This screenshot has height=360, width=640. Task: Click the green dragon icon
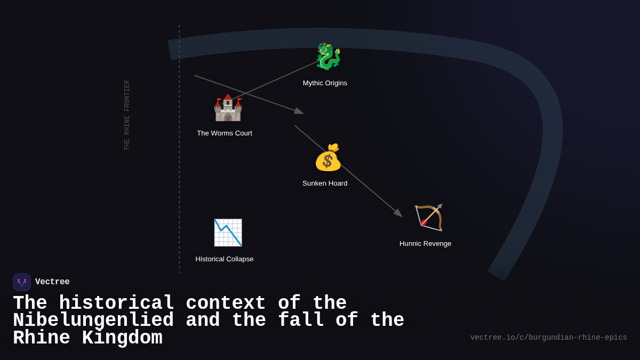click(x=329, y=57)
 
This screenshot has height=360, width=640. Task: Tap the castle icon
click(x=228, y=107)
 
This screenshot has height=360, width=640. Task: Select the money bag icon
click(x=328, y=157)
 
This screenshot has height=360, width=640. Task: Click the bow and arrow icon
click(x=429, y=218)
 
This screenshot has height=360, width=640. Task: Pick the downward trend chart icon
click(x=228, y=233)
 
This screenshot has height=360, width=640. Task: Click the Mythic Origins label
click(x=325, y=83)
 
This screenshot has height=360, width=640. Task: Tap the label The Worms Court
click(x=225, y=133)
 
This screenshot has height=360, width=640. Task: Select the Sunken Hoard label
click(x=325, y=183)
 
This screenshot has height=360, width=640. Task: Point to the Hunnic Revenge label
click(x=425, y=244)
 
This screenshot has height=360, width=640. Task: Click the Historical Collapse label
click(x=225, y=259)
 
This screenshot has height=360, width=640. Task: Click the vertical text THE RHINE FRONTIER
click(x=126, y=115)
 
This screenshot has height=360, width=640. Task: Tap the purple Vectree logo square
click(x=22, y=282)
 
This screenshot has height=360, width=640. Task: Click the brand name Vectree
click(x=52, y=282)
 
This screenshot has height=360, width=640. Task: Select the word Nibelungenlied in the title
click(x=93, y=320)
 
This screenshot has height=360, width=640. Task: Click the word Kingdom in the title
click(x=122, y=338)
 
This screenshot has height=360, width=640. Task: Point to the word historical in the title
click(x=116, y=302)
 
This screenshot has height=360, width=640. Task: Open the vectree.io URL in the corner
click(x=549, y=338)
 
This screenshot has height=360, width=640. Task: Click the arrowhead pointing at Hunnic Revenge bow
click(x=398, y=213)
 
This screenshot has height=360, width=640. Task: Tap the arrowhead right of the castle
click(x=299, y=111)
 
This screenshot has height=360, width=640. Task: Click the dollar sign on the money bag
click(x=327, y=161)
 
